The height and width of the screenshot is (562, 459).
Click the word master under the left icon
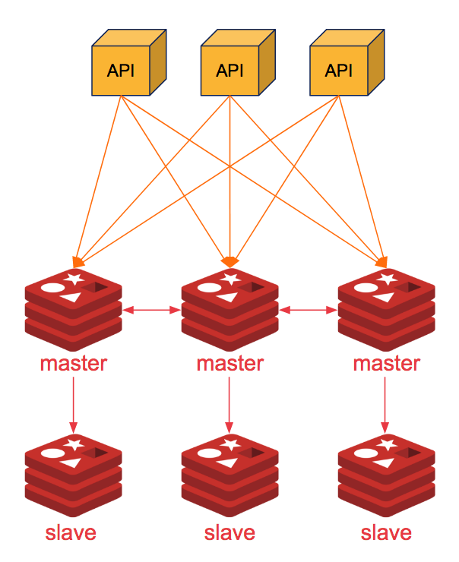tap(74, 364)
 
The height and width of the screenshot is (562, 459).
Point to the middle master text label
tap(230, 364)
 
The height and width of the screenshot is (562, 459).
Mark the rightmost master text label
tap(386, 364)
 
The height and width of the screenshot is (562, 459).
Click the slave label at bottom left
tap(71, 532)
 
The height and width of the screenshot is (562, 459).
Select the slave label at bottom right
tap(386, 532)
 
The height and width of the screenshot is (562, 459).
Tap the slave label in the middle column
tap(230, 532)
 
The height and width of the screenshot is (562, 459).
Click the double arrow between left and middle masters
tap(152, 310)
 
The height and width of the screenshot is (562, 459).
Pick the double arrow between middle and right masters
tap(308, 310)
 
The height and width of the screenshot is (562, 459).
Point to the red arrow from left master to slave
tap(74, 403)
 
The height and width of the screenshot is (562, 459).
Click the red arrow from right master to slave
tap(386, 403)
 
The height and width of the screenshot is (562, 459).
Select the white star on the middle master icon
tap(230, 279)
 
